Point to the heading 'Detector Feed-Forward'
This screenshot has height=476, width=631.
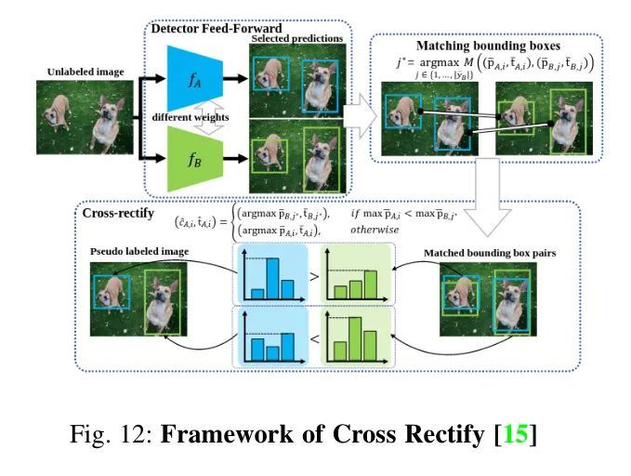click(211, 30)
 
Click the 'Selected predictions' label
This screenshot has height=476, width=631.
click(296, 38)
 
